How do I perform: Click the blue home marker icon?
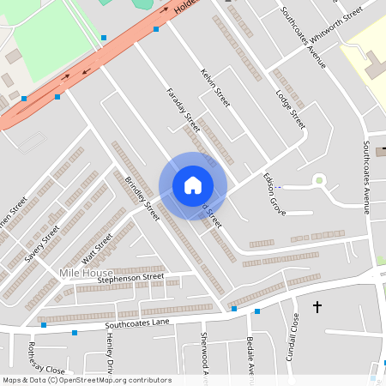pos(193,185)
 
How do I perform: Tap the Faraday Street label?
pos(181,109)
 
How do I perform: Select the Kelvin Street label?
pos(215,87)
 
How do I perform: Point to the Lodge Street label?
pos(290,105)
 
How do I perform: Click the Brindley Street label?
pos(142,198)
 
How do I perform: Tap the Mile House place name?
pos(86,273)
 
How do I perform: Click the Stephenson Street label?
pos(130,278)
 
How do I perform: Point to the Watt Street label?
pos(97,248)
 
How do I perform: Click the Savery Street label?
pos(41,244)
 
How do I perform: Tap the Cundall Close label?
pos(293,335)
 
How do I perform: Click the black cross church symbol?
pos(317,306)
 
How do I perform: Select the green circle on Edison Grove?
pos(319,180)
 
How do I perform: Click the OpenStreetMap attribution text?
pos(87,379)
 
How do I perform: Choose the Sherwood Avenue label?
pos(205,354)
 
